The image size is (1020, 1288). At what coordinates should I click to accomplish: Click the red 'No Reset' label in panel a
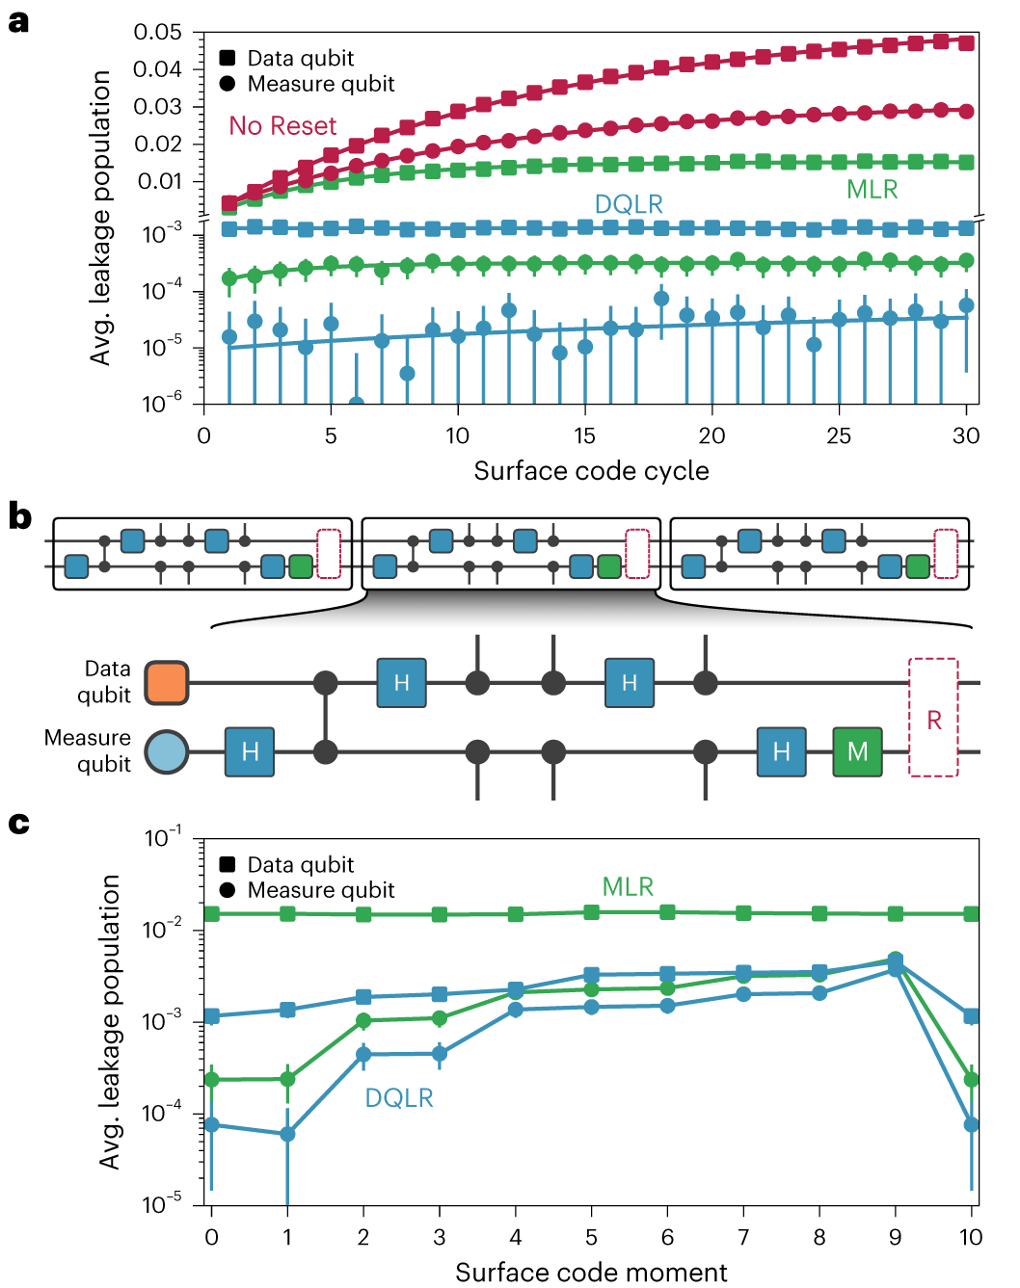pos(282,126)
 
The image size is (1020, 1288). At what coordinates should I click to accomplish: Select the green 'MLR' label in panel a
pos(872,190)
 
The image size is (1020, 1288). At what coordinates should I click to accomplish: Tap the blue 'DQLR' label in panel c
pos(399,1098)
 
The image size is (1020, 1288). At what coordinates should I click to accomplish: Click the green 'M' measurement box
pos(857,751)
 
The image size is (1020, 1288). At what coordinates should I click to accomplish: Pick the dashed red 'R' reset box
pos(933,718)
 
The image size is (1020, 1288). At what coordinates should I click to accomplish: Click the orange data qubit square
pos(167,682)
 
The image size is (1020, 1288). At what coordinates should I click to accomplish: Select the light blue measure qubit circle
pos(167,751)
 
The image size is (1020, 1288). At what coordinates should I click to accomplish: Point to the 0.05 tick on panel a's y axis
pos(157,33)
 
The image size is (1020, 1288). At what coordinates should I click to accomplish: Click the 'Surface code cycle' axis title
pos(591,471)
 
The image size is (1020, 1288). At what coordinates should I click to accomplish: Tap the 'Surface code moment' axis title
pos(591,1273)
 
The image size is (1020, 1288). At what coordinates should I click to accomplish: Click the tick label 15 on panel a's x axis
pos(584,436)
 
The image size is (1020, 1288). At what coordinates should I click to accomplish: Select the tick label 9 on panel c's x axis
pos(895,1237)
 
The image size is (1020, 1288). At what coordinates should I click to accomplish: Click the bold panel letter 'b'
pos(19,517)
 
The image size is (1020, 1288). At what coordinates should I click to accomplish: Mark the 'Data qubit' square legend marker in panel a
pos(228,58)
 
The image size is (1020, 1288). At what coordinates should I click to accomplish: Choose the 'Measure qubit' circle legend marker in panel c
pos(228,890)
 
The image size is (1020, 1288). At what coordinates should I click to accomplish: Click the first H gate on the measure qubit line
pos(250,751)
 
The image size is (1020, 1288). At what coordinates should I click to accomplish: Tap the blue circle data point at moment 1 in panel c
pos(287,1134)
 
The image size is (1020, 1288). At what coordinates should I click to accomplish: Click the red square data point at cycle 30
pos(966,42)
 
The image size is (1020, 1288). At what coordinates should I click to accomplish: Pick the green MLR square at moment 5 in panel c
pos(591,911)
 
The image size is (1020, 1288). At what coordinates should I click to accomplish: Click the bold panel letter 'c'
pos(18,824)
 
